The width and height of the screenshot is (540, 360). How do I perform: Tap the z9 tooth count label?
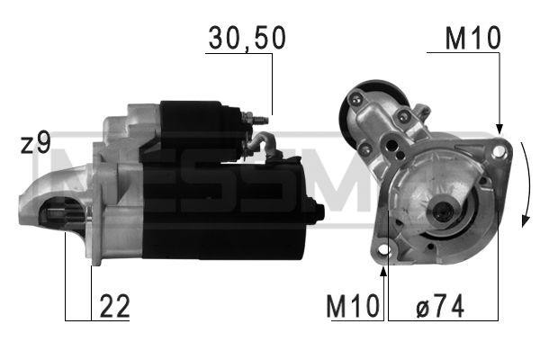coord(36,143)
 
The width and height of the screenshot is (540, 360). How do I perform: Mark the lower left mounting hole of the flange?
coord(384,248)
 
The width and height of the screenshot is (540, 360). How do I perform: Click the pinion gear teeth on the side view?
coord(72,216)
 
